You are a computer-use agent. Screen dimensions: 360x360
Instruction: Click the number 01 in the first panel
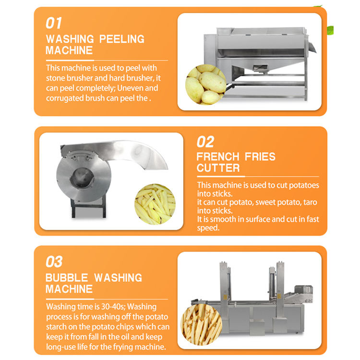(x=54, y=23)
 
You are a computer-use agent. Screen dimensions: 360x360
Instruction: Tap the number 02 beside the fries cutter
(x=205, y=142)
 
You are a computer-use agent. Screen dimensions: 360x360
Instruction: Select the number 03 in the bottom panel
(x=54, y=262)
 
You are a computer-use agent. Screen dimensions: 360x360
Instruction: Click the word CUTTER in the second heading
(x=218, y=168)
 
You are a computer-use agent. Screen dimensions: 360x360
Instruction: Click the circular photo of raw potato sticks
(x=155, y=204)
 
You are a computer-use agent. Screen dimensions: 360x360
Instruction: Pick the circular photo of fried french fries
(x=201, y=325)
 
